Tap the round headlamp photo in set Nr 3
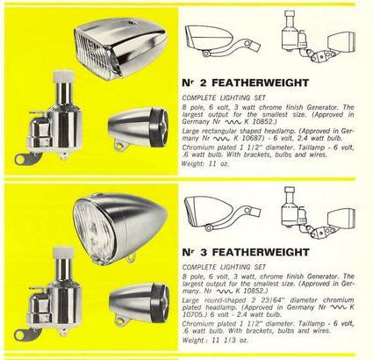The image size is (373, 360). [120, 228]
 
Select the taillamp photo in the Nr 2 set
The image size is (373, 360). [139, 128]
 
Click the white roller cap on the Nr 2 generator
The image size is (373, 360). [62, 76]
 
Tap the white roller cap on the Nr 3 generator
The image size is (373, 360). [62, 252]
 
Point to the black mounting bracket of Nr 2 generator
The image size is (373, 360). [25, 158]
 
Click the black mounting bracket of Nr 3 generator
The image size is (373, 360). [26, 335]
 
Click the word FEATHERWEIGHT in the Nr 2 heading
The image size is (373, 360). [260, 83]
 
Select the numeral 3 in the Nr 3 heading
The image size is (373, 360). [204, 252]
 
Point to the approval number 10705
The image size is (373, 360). [191, 314]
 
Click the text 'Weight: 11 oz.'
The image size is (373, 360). [205, 164]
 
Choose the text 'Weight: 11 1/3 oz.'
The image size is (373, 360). [215, 340]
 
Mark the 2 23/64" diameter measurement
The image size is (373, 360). [279, 300]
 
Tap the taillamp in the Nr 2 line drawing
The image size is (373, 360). [341, 42]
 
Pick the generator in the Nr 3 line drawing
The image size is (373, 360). [291, 208]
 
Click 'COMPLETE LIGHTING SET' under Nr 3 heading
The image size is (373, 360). [224, 267]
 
